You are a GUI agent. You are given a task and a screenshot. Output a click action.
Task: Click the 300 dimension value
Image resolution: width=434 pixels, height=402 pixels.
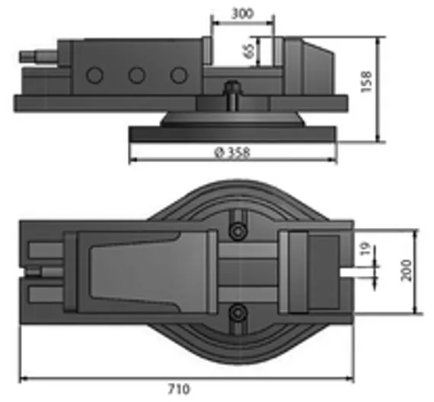click(241, 14)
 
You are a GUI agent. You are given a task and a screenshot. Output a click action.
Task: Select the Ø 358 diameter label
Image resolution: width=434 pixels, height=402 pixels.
click(232, 152)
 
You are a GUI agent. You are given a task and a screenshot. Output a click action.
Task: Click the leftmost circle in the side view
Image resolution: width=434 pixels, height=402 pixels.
click(94, 75)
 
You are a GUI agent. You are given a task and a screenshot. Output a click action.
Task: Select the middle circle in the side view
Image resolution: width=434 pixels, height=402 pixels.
click(136, 75)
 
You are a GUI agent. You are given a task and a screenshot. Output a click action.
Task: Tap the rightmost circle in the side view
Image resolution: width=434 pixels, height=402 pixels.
click(178, 75)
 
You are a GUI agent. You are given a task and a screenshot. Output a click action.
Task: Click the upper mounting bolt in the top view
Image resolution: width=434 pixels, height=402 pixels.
click(239, 229)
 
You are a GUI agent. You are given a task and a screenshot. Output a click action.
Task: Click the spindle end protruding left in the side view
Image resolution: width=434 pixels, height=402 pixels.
click(34, 57)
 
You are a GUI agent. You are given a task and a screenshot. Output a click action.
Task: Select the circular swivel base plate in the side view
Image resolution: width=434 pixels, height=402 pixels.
click(232, 134)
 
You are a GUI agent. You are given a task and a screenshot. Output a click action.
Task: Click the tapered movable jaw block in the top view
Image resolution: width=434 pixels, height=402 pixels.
click(145, 270)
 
